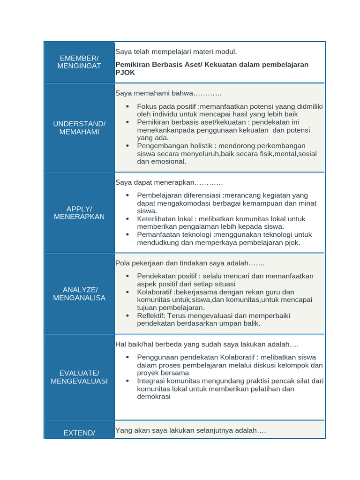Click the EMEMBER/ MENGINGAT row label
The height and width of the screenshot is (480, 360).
[79, 62]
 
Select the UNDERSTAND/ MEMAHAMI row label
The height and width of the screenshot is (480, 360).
[79, 127]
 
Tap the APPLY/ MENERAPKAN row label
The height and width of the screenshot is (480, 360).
[79, 212]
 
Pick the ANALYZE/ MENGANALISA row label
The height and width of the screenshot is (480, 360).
[79, 293]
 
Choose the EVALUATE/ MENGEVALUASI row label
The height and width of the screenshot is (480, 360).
[79, 377]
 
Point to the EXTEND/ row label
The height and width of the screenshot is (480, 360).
[79, 433]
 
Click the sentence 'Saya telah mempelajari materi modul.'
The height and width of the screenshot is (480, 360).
[176, 51]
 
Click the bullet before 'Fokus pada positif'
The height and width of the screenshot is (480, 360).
[127, 107]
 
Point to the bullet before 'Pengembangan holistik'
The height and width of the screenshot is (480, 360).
[127, 146]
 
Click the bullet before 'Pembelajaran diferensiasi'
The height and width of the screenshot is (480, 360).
[127, 195]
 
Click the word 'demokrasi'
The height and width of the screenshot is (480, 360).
[154, 397]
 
